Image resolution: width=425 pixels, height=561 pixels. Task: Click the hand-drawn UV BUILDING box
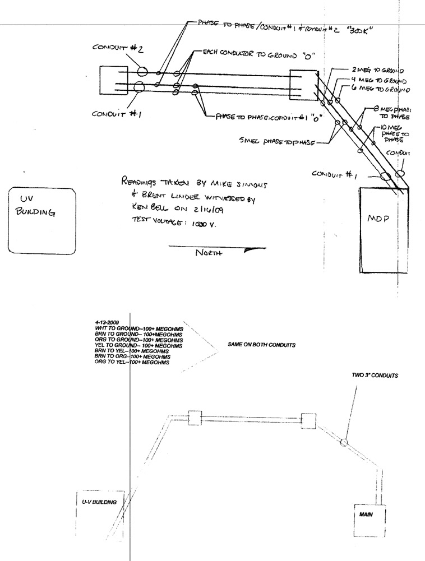coord(43,221)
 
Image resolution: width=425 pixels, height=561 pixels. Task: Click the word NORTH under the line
coord(209,253)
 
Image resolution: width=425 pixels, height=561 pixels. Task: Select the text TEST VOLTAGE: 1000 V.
coord(176,223)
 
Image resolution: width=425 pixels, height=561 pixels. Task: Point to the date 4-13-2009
coord(108,323)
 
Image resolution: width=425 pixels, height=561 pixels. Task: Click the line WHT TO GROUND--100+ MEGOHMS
coord(136,329)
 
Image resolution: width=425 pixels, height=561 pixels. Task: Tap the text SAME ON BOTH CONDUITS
coord(261,345)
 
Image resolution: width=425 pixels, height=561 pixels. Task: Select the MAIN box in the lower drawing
coord(368,513)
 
